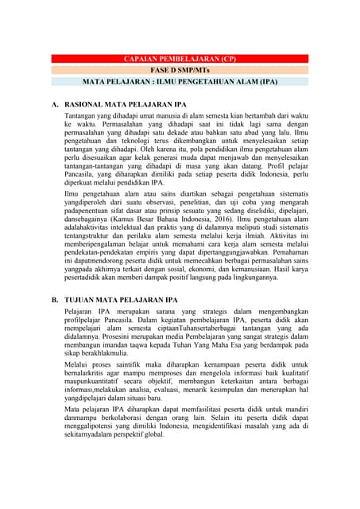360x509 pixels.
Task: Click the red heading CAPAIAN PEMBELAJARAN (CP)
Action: point(180,60)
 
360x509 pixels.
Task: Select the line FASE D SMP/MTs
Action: point(180,70)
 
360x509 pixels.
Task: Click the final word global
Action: point(153,436)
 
